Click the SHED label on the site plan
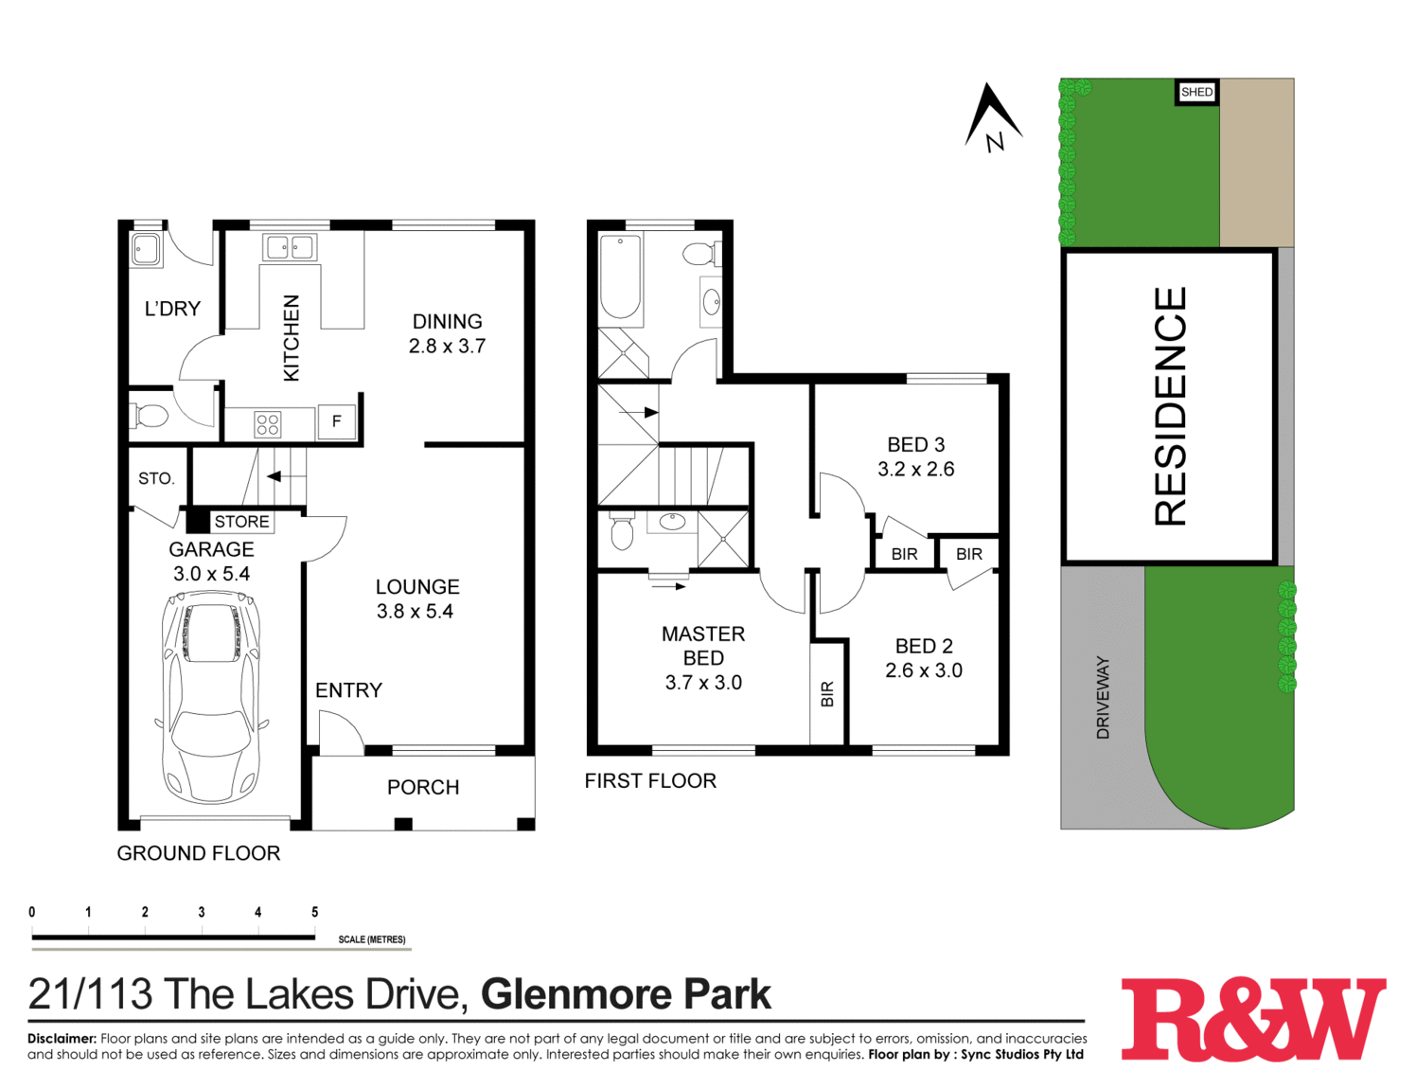coord(1196,92)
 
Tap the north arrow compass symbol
coord(991,118)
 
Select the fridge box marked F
coord(336,422)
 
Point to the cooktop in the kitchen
coord(268,424)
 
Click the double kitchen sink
coord(290,248)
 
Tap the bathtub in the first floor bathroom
coord(621,276)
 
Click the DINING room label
coord(447,322)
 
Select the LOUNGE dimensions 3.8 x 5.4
coord(415,612)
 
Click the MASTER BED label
coord(703,646)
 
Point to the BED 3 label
coord(915,445)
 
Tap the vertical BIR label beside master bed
coord(828,694)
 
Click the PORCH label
coord(423,788)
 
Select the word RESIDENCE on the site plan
coord(1170,406)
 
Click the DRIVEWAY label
coord(1103,698)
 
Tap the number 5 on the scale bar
coord(314,913)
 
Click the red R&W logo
coord(1253,1019)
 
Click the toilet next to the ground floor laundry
coord(150,415)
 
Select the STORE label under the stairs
coord(241,522)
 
